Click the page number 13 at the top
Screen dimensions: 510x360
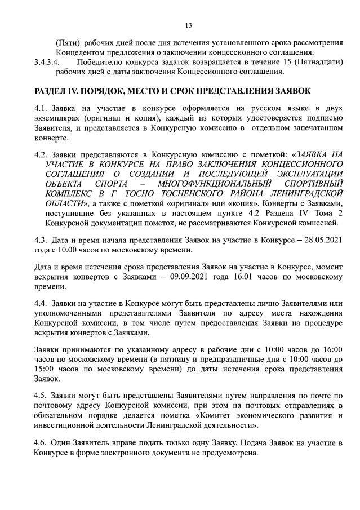[x=188, y=25]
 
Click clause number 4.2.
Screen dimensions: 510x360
[x=41, y=152]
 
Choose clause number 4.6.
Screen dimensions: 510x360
[x=41, y=442]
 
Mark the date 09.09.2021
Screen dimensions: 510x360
[x=222, y=276]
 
